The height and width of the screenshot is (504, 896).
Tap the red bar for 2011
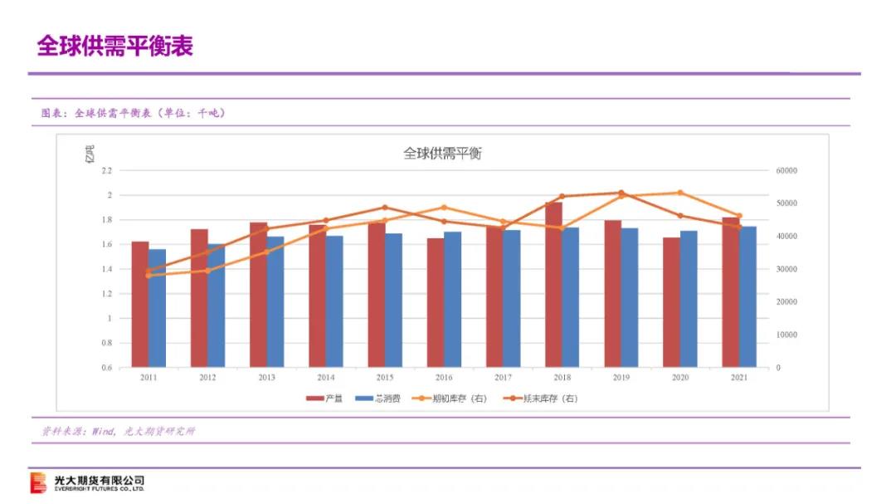140,304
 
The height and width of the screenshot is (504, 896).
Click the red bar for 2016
436,302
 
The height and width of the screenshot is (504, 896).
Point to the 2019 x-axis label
621,378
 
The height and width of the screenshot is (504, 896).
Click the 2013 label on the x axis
266,378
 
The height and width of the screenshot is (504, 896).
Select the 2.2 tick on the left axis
105,171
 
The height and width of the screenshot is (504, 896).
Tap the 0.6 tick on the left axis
105,367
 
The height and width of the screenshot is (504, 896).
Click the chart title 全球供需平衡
442,154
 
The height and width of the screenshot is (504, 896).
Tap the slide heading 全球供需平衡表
114,46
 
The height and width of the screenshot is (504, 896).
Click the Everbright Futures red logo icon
38,482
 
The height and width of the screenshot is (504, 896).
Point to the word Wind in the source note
103,431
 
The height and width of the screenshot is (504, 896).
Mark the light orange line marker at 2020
679,193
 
